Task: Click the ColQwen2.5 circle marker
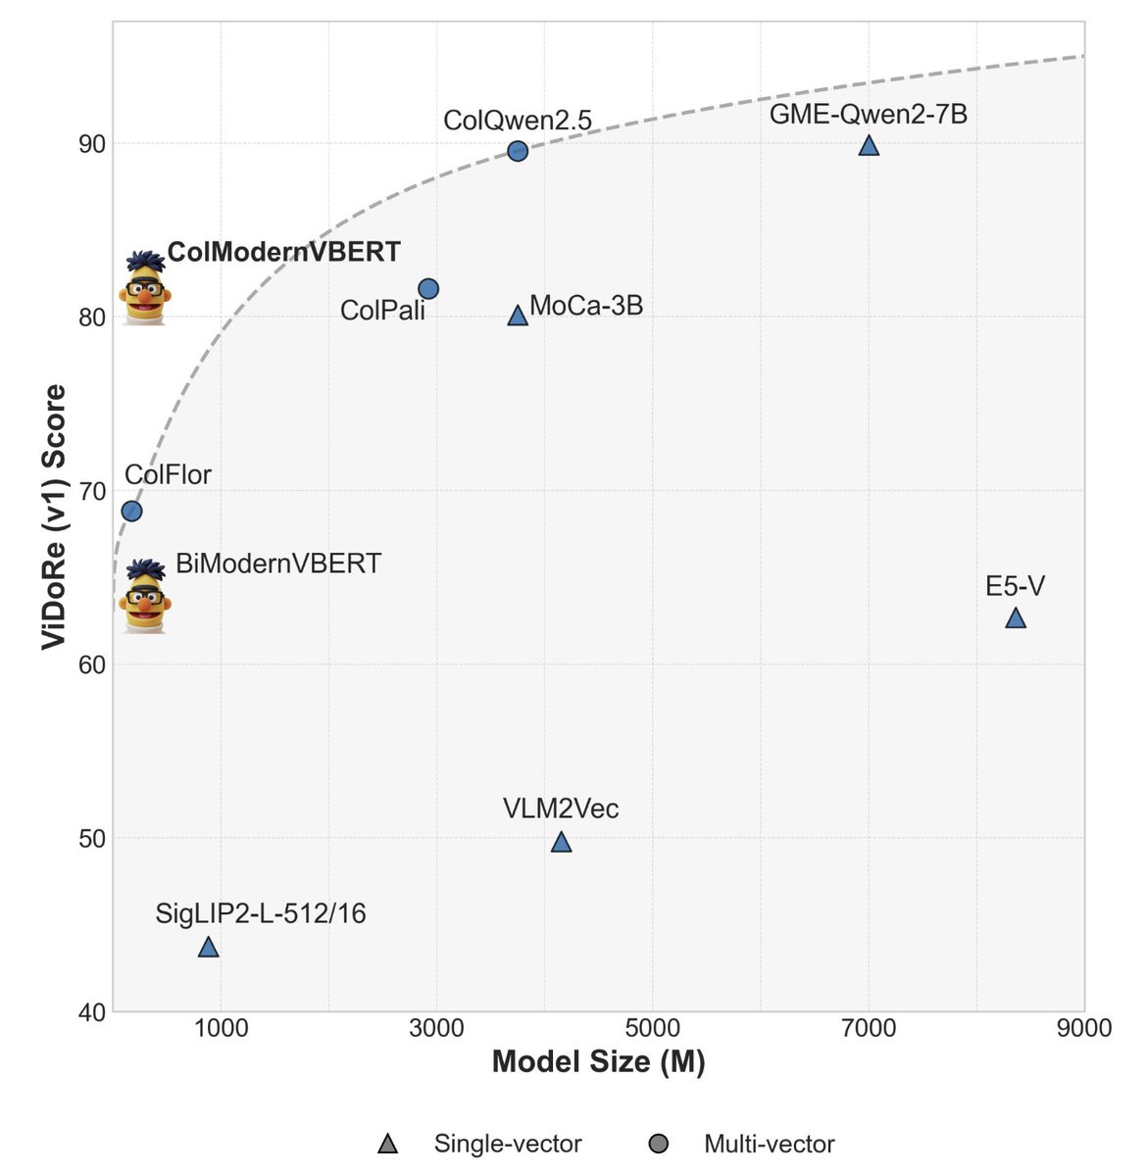click(x=518, y=151)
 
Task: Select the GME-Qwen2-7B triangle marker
click(x=869, y=146)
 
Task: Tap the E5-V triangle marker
click(x=1016, y=618)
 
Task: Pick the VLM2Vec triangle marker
click(x=561, y=842)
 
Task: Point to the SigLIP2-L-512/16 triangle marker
click(x=208, y=948)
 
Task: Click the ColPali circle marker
click(x=428, y=288)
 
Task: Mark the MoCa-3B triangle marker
click(x=518, y=316)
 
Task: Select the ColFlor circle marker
click(x=131, y=511)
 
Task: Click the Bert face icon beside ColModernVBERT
click(x=145, y=288)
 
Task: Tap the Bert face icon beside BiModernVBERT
click(x=145, y=597)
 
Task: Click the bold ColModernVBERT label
click(x=283, y=252)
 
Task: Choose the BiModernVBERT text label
click(x=278, y=563)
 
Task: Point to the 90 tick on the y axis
click(x=92, y=144)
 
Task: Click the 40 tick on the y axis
click(x=92, y=1011)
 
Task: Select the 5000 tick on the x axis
click(x=653, y=1028)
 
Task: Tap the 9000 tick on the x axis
click(x=1084, y=1028)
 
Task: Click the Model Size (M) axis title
click(x=598, y=1062)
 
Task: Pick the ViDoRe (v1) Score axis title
click(x=55, y=516)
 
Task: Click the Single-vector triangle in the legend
click(x=388, y=1144)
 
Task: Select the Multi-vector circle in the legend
click(x=658, y=1144)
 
